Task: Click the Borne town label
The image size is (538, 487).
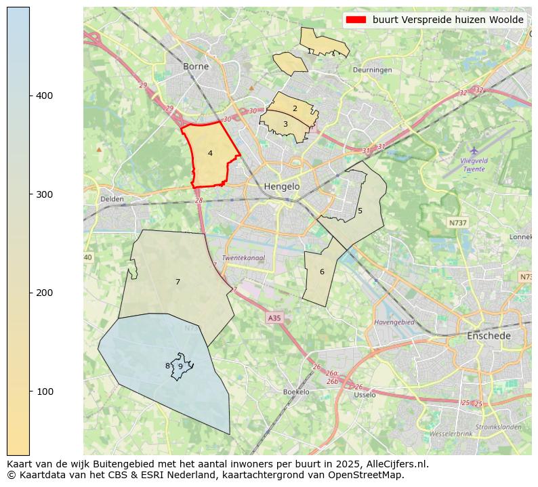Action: coord(196,66)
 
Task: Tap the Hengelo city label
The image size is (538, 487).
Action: coord(281,186)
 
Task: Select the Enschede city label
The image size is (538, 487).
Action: coord(489,336)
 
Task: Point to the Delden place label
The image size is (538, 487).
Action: coord(112,199)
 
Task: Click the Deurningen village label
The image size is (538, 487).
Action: coord(372,70)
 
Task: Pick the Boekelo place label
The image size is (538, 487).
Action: coord(296,392)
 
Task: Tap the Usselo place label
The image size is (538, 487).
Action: coord(365,395)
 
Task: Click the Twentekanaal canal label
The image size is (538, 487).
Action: coord(243,258)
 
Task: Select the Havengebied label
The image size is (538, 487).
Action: coord(394,322)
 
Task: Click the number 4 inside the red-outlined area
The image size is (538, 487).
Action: coord(210,154)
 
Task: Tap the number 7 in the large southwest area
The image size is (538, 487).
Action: coord(178,282)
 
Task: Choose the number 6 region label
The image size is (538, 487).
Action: coord(322,272)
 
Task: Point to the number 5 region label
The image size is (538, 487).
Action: coord(360,211)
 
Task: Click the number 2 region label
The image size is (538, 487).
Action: coord(295,108)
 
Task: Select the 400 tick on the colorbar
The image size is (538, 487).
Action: coord(45,96)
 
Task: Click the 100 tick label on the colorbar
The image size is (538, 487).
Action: coord(45,391)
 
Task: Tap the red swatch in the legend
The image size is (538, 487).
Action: coord(356,20)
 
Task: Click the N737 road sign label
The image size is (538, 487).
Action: coord(458,222)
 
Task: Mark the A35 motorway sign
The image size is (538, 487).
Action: coord(274,318)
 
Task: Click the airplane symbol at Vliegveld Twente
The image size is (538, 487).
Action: coord(474,150)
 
